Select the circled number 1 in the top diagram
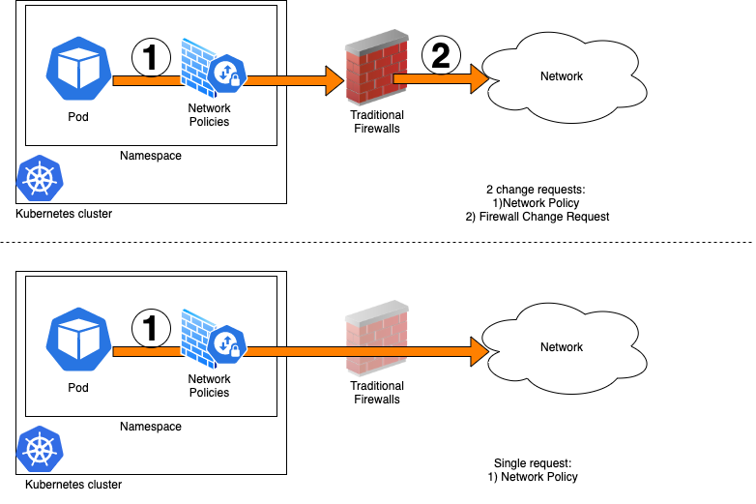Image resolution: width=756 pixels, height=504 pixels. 150,58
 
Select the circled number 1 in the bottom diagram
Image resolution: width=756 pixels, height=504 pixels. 150,327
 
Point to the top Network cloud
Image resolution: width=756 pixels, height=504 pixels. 562,75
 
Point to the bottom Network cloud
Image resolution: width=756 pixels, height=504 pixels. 562,345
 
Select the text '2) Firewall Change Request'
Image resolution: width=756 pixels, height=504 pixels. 536,217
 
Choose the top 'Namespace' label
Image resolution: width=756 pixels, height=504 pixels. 150,156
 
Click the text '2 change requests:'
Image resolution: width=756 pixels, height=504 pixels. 536,190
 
